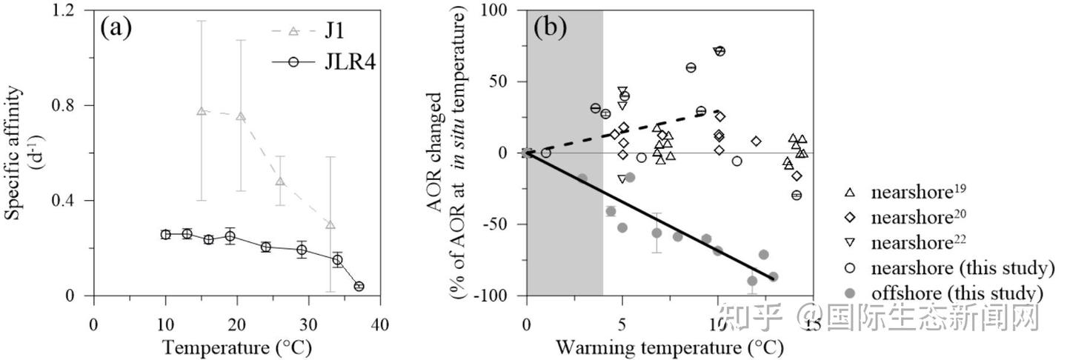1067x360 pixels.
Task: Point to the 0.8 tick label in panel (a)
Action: [67, 105]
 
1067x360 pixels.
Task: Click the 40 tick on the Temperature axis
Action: [380, 325]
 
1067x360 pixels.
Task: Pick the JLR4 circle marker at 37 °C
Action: [359, 286]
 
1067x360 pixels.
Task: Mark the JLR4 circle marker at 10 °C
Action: [165, 234]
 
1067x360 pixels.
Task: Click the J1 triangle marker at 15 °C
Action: [201, 111]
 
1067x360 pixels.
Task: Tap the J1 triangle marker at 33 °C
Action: [330, 224]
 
